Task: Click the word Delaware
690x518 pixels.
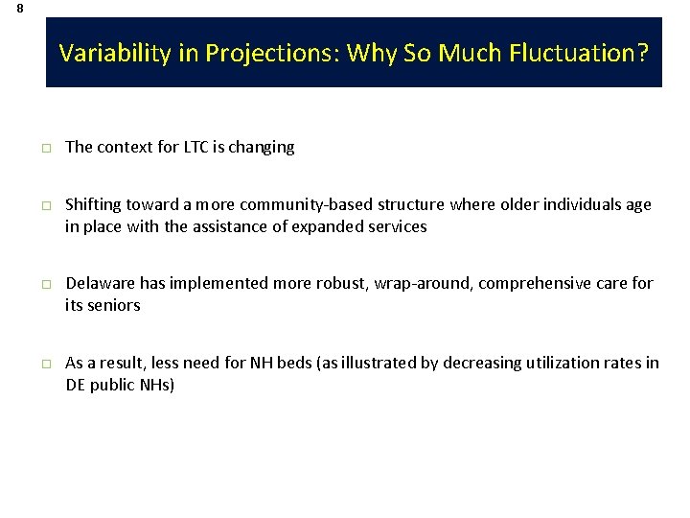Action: click(100, 283)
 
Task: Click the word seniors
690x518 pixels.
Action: click(114, 305)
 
